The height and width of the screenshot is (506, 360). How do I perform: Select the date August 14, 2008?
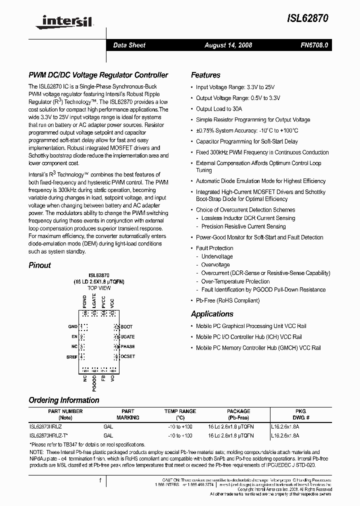(228, 45)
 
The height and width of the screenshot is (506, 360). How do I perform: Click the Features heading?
(205, 75)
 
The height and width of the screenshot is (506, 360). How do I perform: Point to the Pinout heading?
(39, 265)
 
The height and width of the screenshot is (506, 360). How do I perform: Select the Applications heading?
(212, 314)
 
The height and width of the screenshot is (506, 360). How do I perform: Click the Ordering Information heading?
(63, 400)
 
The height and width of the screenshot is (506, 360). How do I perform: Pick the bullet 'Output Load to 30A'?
(218, 108)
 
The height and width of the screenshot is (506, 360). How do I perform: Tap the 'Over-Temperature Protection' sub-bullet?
(235, 281)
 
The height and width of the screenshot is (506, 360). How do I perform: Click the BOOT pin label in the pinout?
(127, 327)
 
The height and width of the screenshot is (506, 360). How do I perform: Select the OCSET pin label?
(128, 356)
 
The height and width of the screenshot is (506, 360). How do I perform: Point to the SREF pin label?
(72, 356)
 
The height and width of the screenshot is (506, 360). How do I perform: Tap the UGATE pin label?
(128, 337)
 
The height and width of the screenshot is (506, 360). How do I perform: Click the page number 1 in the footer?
(100, 480)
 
